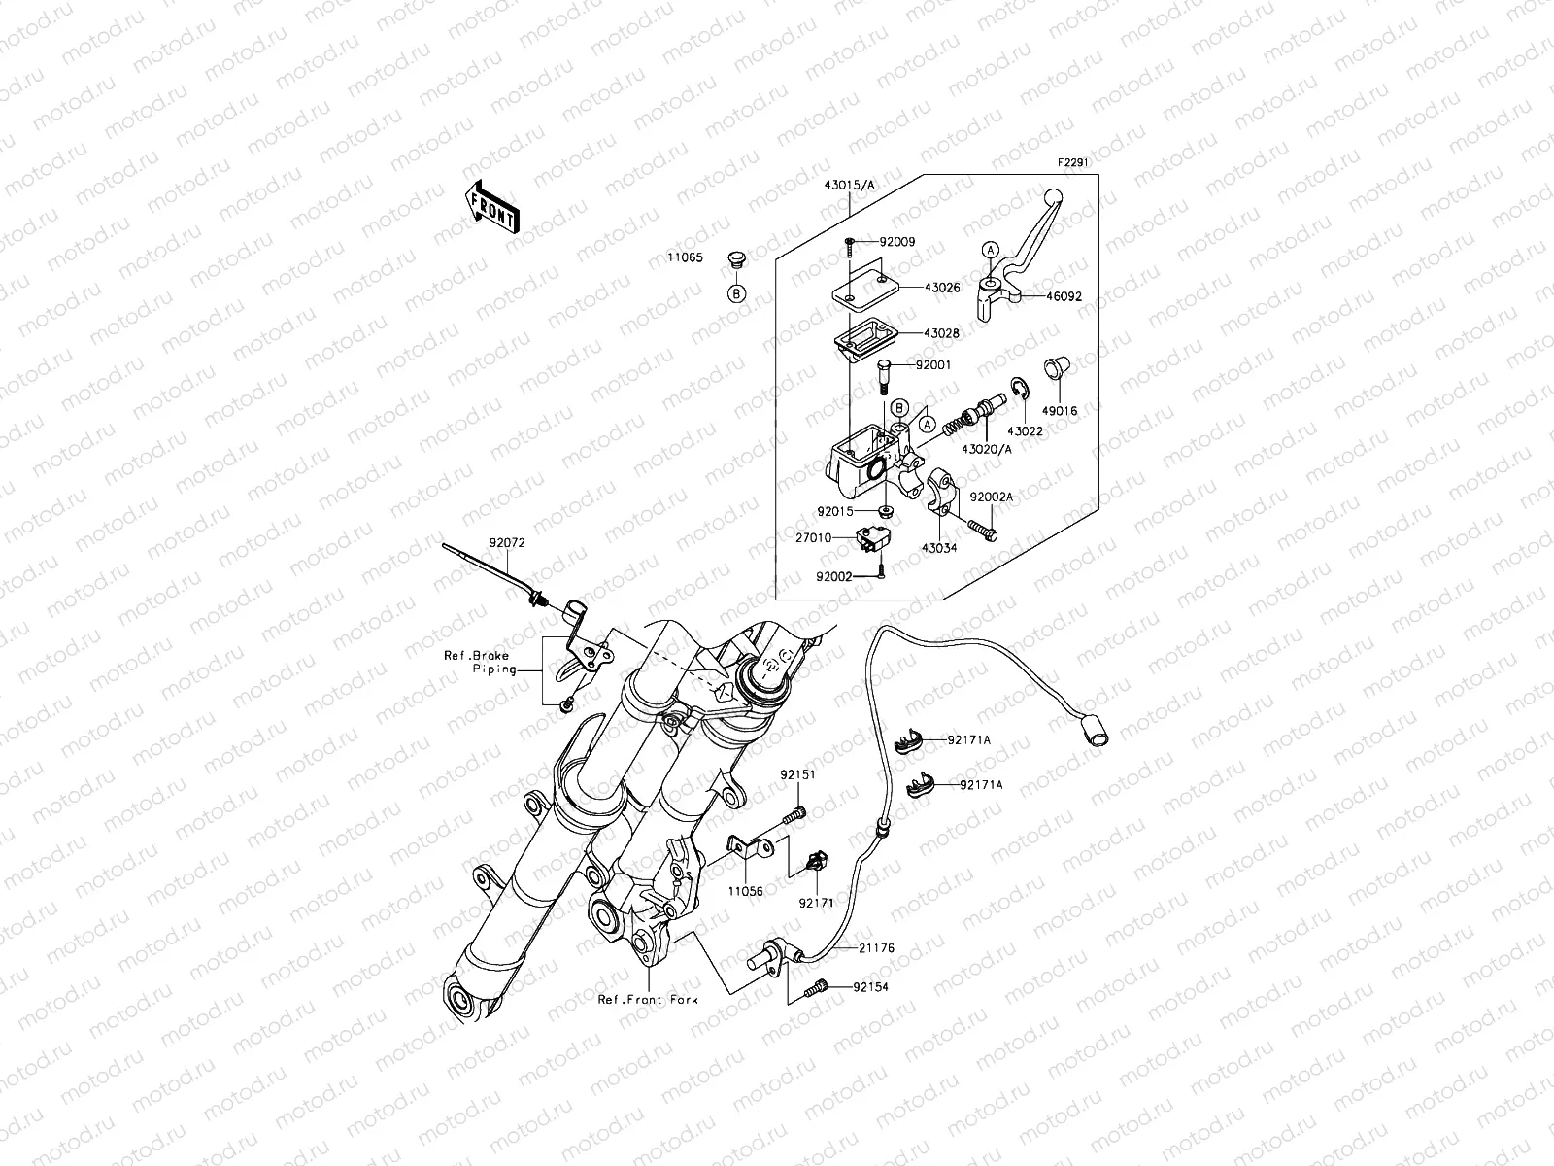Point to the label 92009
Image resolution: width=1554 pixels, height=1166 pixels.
pos(898,241)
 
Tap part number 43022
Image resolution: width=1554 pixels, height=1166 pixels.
pos(1025,430)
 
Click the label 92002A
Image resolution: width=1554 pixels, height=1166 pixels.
pos(992,497)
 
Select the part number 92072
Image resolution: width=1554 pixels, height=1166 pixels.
pos(506,543)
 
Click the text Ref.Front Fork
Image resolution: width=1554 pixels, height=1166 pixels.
pos(648,999)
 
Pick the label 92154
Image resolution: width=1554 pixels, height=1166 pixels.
pos(871,986)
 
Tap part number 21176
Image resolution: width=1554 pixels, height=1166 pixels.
pos(876,947)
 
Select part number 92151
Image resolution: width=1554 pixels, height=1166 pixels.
pos(796,774)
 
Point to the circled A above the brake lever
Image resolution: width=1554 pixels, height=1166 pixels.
pos(989,250)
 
